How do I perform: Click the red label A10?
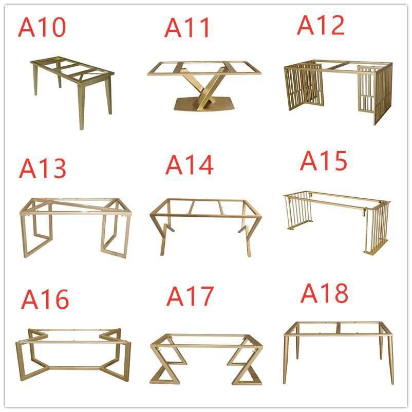point(42,27)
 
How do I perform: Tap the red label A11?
point(187,28)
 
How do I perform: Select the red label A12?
point(321,25)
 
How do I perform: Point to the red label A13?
point(42,168)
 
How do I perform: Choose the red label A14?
point(189,165)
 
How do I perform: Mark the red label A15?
point(324,161)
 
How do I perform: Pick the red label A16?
point(45,299)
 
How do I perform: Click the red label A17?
point(190,296)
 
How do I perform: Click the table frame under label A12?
point(338,92)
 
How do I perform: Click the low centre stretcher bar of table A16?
point(74,368)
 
